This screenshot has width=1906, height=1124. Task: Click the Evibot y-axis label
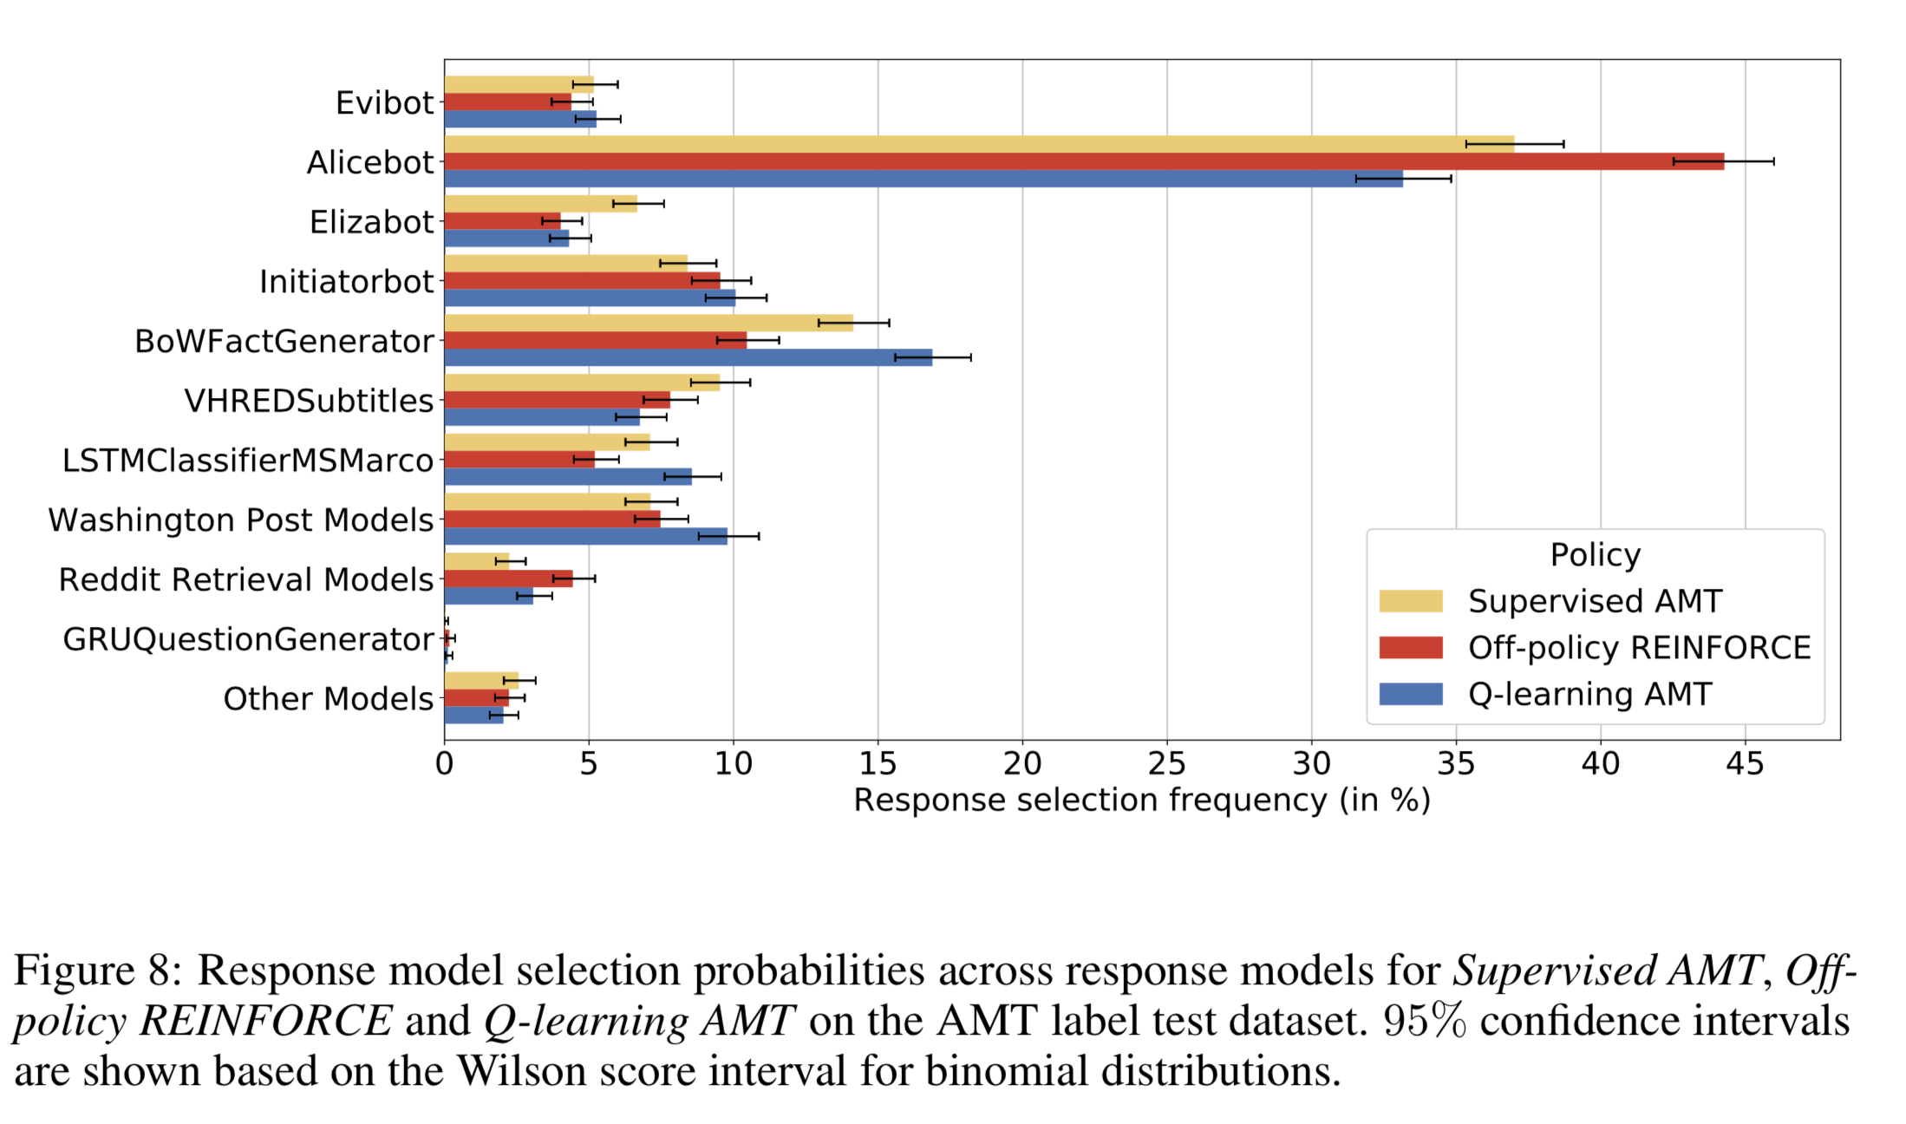coord(383,102)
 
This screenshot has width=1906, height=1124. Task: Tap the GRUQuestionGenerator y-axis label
coord(247,639)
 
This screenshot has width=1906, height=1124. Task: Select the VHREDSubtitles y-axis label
coord(308,401)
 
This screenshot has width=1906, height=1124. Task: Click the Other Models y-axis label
coord(327,698)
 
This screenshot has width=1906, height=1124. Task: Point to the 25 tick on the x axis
coord(1166,763)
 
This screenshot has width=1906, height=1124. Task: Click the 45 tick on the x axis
coord(1745,763)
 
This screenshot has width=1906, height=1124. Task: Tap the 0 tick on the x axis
coord(445,763)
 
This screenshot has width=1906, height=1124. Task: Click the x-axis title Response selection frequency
coord(1141,800)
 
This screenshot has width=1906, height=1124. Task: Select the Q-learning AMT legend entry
coord(1589,694)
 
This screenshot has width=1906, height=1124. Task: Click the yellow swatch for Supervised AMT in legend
coord(1410,601)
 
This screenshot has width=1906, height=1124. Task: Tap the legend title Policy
coord(1595,554)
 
